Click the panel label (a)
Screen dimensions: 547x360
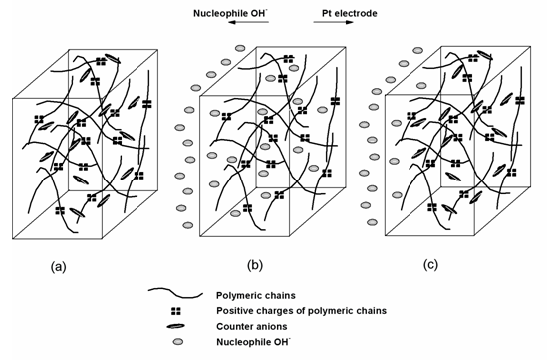pyautogui.click(x=58, y=267)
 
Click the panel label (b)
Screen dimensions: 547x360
pyautogui.click(x=255, y=265)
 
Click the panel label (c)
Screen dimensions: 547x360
pyautogui.click(x=430, y=265)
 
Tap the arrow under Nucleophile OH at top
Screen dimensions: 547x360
pyautogui.click(x=249, y=22)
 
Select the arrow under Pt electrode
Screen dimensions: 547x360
pyautogui.click(x=334, y=22)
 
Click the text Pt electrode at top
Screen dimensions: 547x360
pyautogui.click(x=350, y=13)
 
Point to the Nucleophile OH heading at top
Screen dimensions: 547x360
pyautogui.click(x=231, y=13)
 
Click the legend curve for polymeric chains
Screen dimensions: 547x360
pyautogui.click(x=175, y=293)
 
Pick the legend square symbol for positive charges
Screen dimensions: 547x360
pyautogui.click(x=176, y=311)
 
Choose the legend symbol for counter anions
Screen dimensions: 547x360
pyautogui.click(x=176, y=327)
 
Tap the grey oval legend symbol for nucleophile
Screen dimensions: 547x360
pyautogui.click(x=178, y=341)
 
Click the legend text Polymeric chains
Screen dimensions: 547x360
pyautogui.click(x=256, y=296)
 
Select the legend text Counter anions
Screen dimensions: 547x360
pyautogui.click(x=252, y=326)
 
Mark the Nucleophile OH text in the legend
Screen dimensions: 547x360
pyautogui.click(x=253, y=341)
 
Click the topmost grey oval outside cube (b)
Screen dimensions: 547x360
pyautogui.click(x=240, y=48)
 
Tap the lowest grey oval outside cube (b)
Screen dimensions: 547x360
pyautogui.click(x=188, y=225)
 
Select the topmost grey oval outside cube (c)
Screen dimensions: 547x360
pyautogui.click(x=417, y=50)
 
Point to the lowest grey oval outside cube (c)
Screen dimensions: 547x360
pyautogui.click(x=372, y=222)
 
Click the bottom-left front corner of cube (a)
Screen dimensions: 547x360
pyautogui.click(x=13, y=238)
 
